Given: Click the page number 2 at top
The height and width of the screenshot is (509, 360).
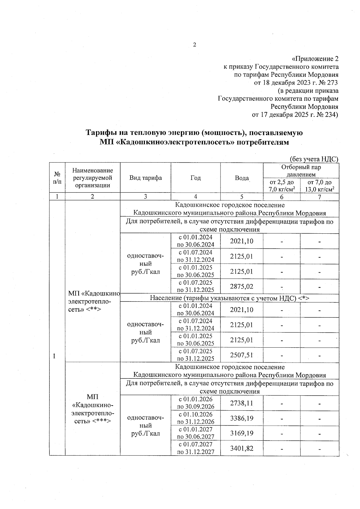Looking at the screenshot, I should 194,45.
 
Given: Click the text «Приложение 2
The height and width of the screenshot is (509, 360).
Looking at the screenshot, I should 315,58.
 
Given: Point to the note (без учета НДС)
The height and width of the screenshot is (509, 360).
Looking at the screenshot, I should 314,159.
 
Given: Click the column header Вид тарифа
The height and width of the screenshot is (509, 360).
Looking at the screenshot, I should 145,178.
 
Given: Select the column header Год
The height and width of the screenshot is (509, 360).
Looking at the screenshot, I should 195,178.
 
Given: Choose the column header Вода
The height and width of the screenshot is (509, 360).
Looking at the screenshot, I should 241,178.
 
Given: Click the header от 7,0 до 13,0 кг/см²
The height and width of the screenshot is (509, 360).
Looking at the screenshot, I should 319,186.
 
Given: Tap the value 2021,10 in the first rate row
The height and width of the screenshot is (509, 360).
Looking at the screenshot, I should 241,241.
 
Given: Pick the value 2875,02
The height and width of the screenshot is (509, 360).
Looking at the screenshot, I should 241,286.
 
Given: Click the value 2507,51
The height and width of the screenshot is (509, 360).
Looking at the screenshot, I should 241,355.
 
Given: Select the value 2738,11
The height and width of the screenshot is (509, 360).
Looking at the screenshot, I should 241,403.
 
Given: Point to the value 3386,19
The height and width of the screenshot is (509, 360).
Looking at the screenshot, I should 241,418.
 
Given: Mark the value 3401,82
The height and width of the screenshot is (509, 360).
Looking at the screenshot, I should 241,448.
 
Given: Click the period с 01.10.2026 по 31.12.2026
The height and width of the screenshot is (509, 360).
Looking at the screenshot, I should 196,418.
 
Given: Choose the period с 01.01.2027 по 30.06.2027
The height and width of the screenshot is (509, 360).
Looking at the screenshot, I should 196,433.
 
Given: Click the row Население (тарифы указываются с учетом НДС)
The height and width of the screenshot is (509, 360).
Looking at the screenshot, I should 229,298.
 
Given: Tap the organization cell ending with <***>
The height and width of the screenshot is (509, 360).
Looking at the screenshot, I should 93,409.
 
